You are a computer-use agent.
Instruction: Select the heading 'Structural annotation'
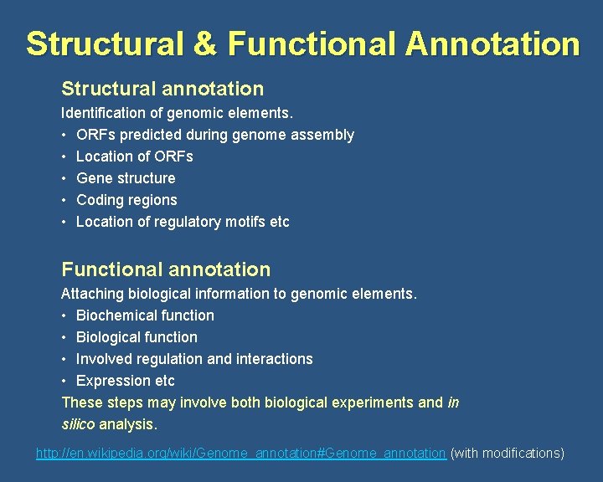(162, 89)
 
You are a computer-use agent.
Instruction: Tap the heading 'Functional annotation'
(166, 269)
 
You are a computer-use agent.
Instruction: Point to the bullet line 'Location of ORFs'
(134, 156)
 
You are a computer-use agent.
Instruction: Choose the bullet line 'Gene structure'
(126, 178)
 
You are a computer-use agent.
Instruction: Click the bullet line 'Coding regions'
(126, 200)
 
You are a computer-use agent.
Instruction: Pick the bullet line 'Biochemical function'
(145, 315)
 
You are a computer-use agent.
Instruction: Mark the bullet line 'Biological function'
(137, 337)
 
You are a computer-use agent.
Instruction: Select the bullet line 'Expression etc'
(125, 381)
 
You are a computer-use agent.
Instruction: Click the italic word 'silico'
(78, 424)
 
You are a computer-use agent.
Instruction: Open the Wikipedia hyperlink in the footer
(240, 453)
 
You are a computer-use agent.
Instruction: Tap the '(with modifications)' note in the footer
(508, 453)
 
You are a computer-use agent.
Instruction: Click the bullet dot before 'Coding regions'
(64, 200)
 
